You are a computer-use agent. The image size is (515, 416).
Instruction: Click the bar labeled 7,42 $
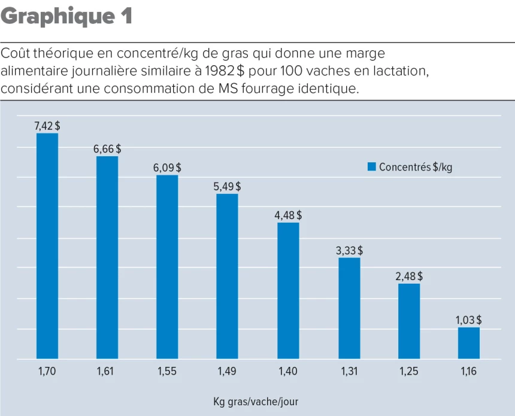[47, 245]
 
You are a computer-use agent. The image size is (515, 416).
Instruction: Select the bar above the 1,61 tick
[107, 257]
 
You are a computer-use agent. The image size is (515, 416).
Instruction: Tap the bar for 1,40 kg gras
[288, 290]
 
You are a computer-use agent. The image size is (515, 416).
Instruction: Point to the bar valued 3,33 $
[349, 308]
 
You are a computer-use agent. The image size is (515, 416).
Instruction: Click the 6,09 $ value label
[167, 168]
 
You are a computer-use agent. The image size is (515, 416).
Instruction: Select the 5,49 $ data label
[227, 187]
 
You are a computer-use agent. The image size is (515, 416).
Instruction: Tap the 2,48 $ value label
[409, 277]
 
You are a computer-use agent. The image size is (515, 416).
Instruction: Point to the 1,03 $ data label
[469, 320]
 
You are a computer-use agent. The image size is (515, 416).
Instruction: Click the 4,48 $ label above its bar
[288, 215]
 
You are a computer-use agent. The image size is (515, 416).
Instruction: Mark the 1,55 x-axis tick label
[167, 372]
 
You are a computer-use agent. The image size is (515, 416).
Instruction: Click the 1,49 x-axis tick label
[227, 372]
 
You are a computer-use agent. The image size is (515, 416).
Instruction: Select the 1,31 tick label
[349, 372]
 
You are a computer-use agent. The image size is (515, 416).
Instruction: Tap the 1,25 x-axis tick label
[409, 372]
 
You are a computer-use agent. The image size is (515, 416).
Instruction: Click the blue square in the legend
[371, 167]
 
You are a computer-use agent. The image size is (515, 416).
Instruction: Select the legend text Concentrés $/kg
[416, 167]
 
